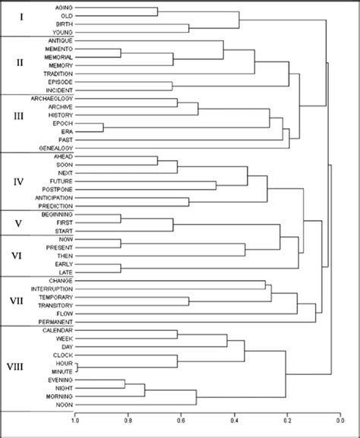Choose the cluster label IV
tap(21, 182)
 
